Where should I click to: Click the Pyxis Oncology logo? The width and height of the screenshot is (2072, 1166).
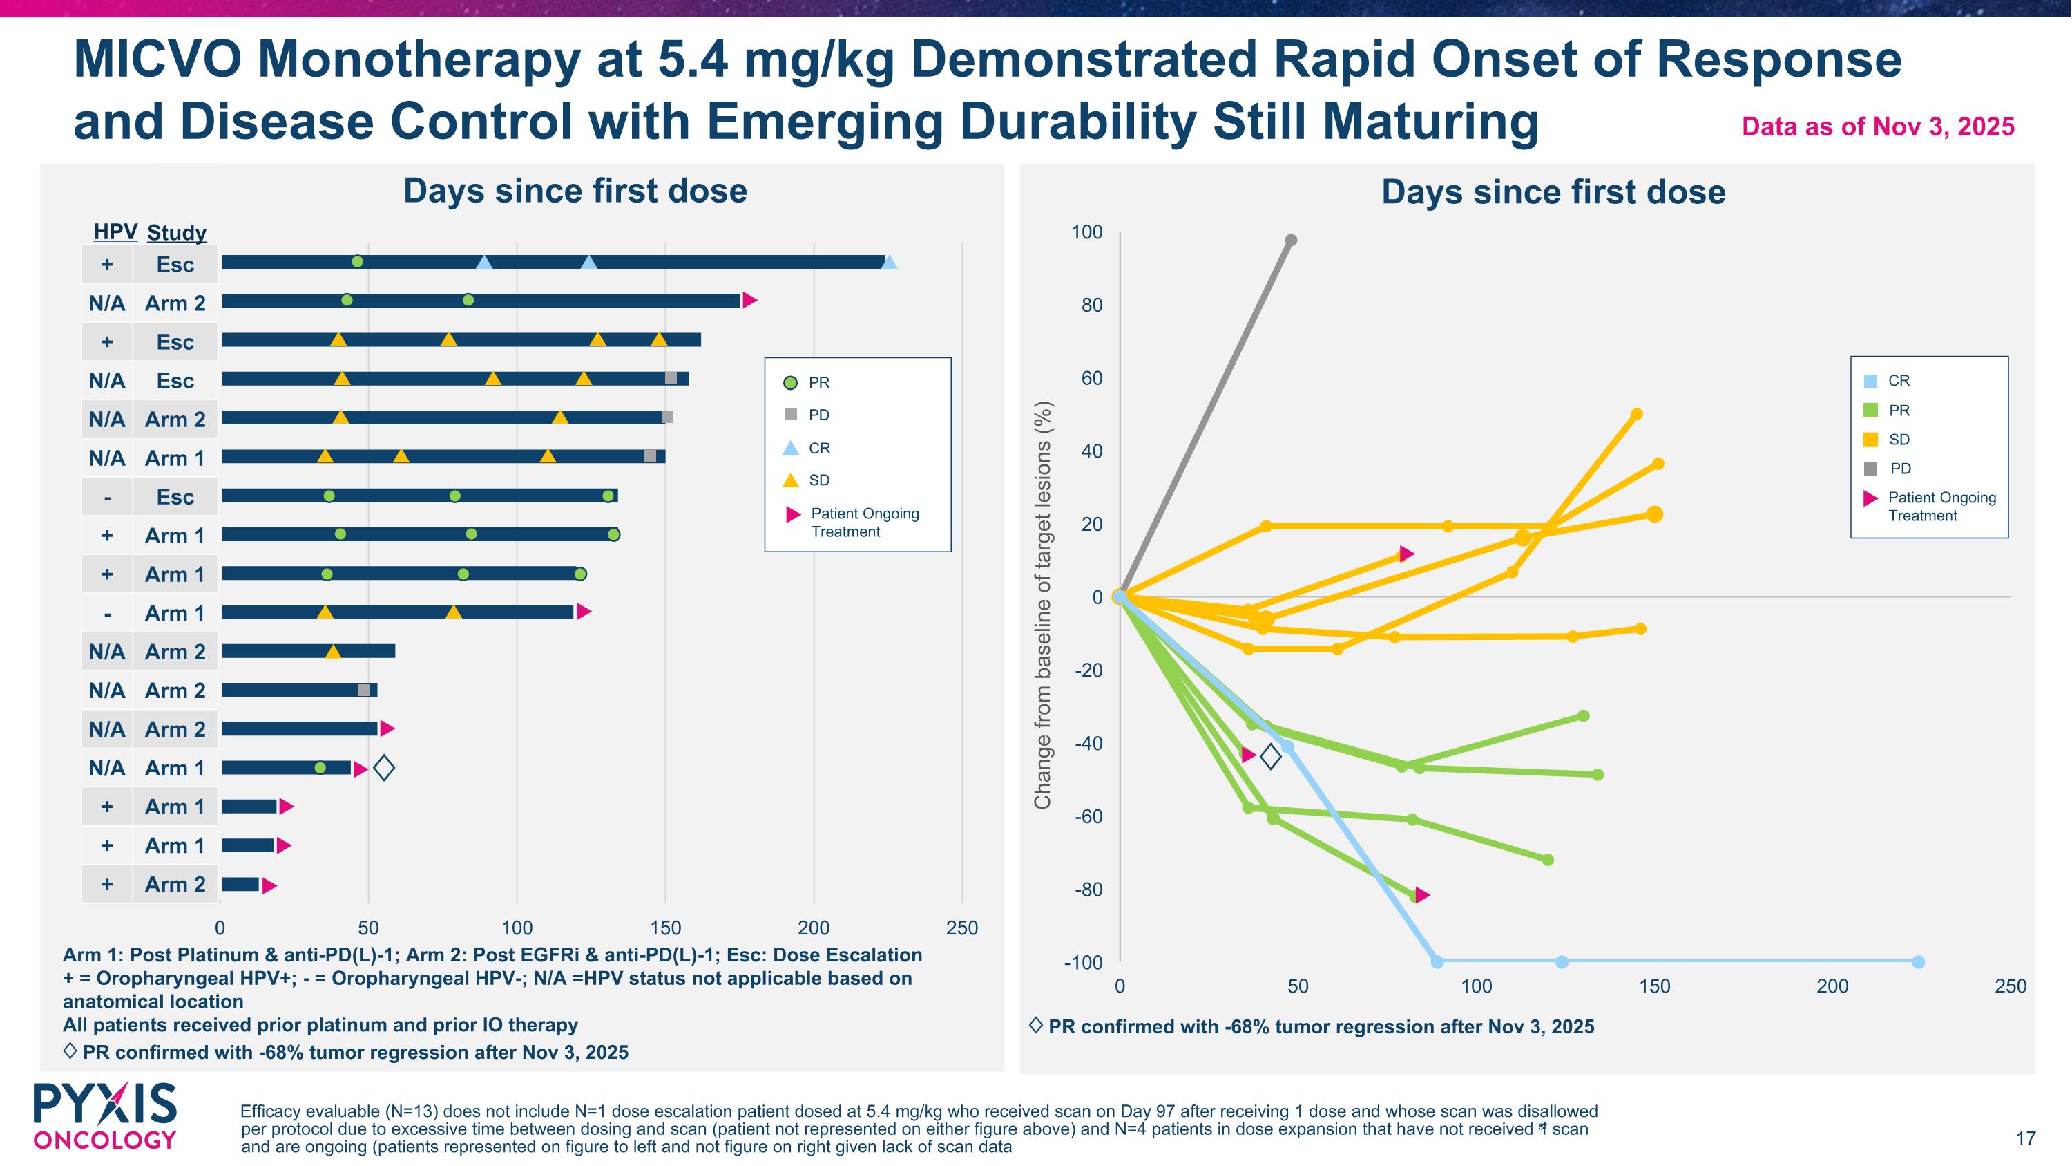[x=104, y=1116]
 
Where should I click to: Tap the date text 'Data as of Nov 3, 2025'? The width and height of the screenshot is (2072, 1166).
[x=1877, y=126]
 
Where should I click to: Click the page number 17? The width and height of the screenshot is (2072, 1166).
[x=2025, y=1138]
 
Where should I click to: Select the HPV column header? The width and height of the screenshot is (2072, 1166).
[x=115, y=232]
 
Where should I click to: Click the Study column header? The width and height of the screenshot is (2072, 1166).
[x=176, y=232]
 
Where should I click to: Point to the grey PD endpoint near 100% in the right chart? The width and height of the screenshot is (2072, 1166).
[x=1291, y=240]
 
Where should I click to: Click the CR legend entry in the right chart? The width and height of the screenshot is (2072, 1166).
[x=1897, y=381]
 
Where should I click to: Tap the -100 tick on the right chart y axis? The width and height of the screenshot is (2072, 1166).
[x=1083, y=962]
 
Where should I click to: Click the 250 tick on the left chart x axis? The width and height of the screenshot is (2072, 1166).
[x=962, y=928]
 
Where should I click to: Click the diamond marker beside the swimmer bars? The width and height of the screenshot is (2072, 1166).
[x=385, y=768]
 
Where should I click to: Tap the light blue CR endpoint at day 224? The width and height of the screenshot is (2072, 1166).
[x=1917, y=961]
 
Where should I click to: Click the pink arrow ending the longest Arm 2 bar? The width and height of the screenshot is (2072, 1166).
[x=749, y=300]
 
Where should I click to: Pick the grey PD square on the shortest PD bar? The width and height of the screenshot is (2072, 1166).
[x=363, y=690]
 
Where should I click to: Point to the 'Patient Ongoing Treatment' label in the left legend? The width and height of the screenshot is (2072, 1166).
[x=864, y=523]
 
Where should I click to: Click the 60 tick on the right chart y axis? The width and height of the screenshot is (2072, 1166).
[x=1091, y=378]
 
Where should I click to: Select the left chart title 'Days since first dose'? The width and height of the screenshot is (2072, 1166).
[x=575, y=191]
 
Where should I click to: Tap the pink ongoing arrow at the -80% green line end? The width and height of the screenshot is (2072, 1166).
[x=1422, y=895]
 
